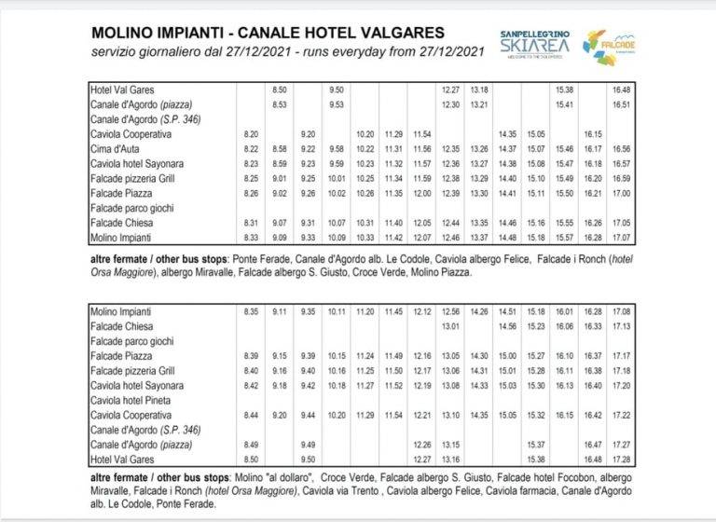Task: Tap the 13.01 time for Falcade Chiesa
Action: [x=450, y=326]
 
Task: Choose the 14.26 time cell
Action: [x=480, y=311]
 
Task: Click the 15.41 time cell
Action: [x=563, y=105]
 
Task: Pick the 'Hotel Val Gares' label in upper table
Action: [x=119, y=90]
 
